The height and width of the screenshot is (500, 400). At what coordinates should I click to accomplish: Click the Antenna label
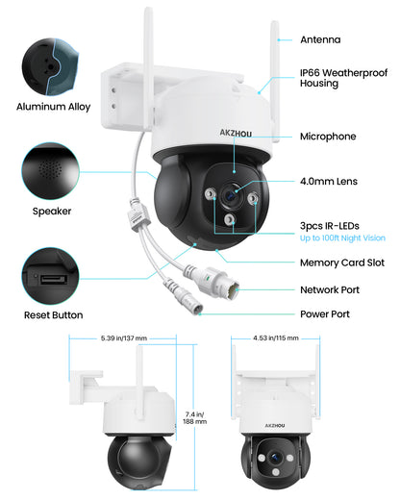[320, 39]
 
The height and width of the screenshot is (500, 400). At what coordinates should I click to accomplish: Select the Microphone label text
[328, 137]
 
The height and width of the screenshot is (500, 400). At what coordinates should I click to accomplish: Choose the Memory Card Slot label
[340, 261]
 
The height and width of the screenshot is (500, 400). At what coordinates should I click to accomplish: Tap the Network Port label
[330, 287]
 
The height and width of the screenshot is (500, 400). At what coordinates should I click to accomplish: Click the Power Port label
[324, 313]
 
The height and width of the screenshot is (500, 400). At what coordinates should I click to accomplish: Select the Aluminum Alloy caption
[53, 107]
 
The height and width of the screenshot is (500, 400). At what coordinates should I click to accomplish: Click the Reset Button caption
[53, 314]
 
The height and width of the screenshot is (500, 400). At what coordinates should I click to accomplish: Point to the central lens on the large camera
[231, 195]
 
